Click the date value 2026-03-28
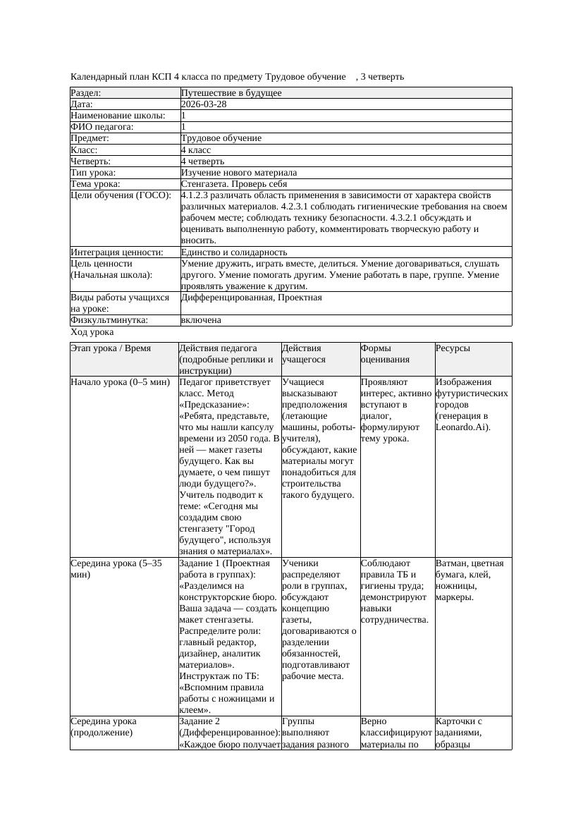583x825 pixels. (x=204, y=104)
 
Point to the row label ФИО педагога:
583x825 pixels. (x=102, y=127)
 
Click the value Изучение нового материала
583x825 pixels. (x=239, y=173)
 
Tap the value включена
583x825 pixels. (x=201, y=320)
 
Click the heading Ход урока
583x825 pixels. (x=92, y=332)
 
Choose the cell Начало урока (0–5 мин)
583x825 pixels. (x=120, y=382)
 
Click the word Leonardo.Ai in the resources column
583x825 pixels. (x=462, y=427)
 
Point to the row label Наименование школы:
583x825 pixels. (x=118, y=116)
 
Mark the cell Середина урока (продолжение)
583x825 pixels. (x=104, y=727)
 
